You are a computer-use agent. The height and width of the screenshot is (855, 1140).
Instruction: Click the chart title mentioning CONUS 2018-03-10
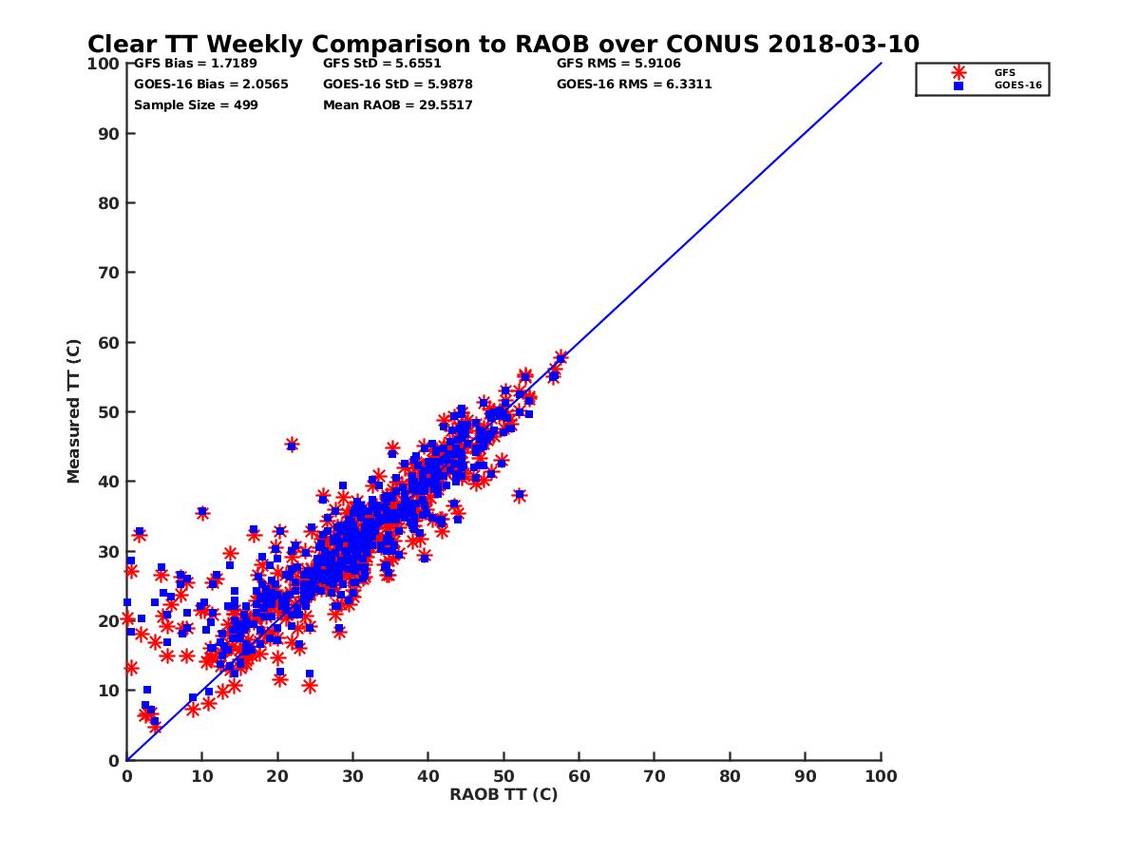pyautogui.click(x=503, y=45)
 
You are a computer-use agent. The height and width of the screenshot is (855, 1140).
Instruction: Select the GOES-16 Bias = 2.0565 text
pyautogui.click(x=211, y=85)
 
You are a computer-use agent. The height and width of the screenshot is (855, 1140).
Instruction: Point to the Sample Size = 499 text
pyautogui.click(x=196, y=105)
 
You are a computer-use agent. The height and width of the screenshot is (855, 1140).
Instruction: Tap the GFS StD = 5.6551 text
pyautogui.click(x=382, y=64)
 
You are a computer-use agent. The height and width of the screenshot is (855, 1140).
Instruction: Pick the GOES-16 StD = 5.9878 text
pyautogui.click(x=398, y=85)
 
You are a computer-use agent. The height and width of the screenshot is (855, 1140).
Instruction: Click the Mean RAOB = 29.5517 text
pyautogui.click(x=398, y=105)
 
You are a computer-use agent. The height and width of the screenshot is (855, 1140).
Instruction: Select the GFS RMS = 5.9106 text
pyautogui.click(x=618, y=64)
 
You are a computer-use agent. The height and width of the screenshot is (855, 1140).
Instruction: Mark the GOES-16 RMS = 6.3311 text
pyautogui.click(x=635, y=85)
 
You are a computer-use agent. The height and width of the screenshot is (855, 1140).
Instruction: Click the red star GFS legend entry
pyautogui.click(x=959, y=72)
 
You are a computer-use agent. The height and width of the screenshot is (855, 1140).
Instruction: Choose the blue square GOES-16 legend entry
pyautogui.click(x=959, y=85)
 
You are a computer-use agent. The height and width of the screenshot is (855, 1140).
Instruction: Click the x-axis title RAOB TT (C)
pyautogui.click(x=503, y=794)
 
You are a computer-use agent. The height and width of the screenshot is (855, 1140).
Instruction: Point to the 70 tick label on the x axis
pyautogui.click(x=655, y=775)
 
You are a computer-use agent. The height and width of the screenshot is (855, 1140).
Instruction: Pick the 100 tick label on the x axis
pyautogui.click(x=881, y=775)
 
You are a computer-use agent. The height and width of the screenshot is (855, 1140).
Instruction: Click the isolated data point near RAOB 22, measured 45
pyautogui.click(x=292, y=445)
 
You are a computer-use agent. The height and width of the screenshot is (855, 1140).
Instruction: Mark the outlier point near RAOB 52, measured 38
pyautogui.click(x=519, y=495)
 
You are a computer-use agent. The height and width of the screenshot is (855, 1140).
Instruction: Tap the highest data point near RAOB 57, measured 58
pyautogui.click(x=560, y=357)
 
